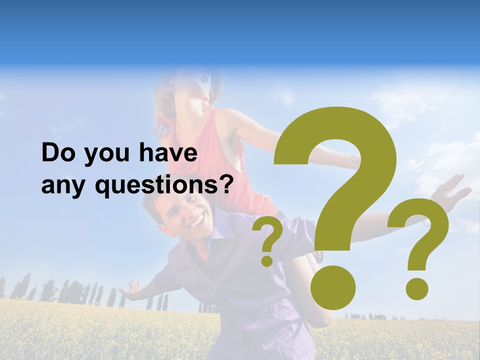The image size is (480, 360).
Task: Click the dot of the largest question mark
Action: pyautogui.click(x=333, y=287)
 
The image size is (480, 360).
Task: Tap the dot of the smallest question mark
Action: pyautogui.click(x=267, y=260)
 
